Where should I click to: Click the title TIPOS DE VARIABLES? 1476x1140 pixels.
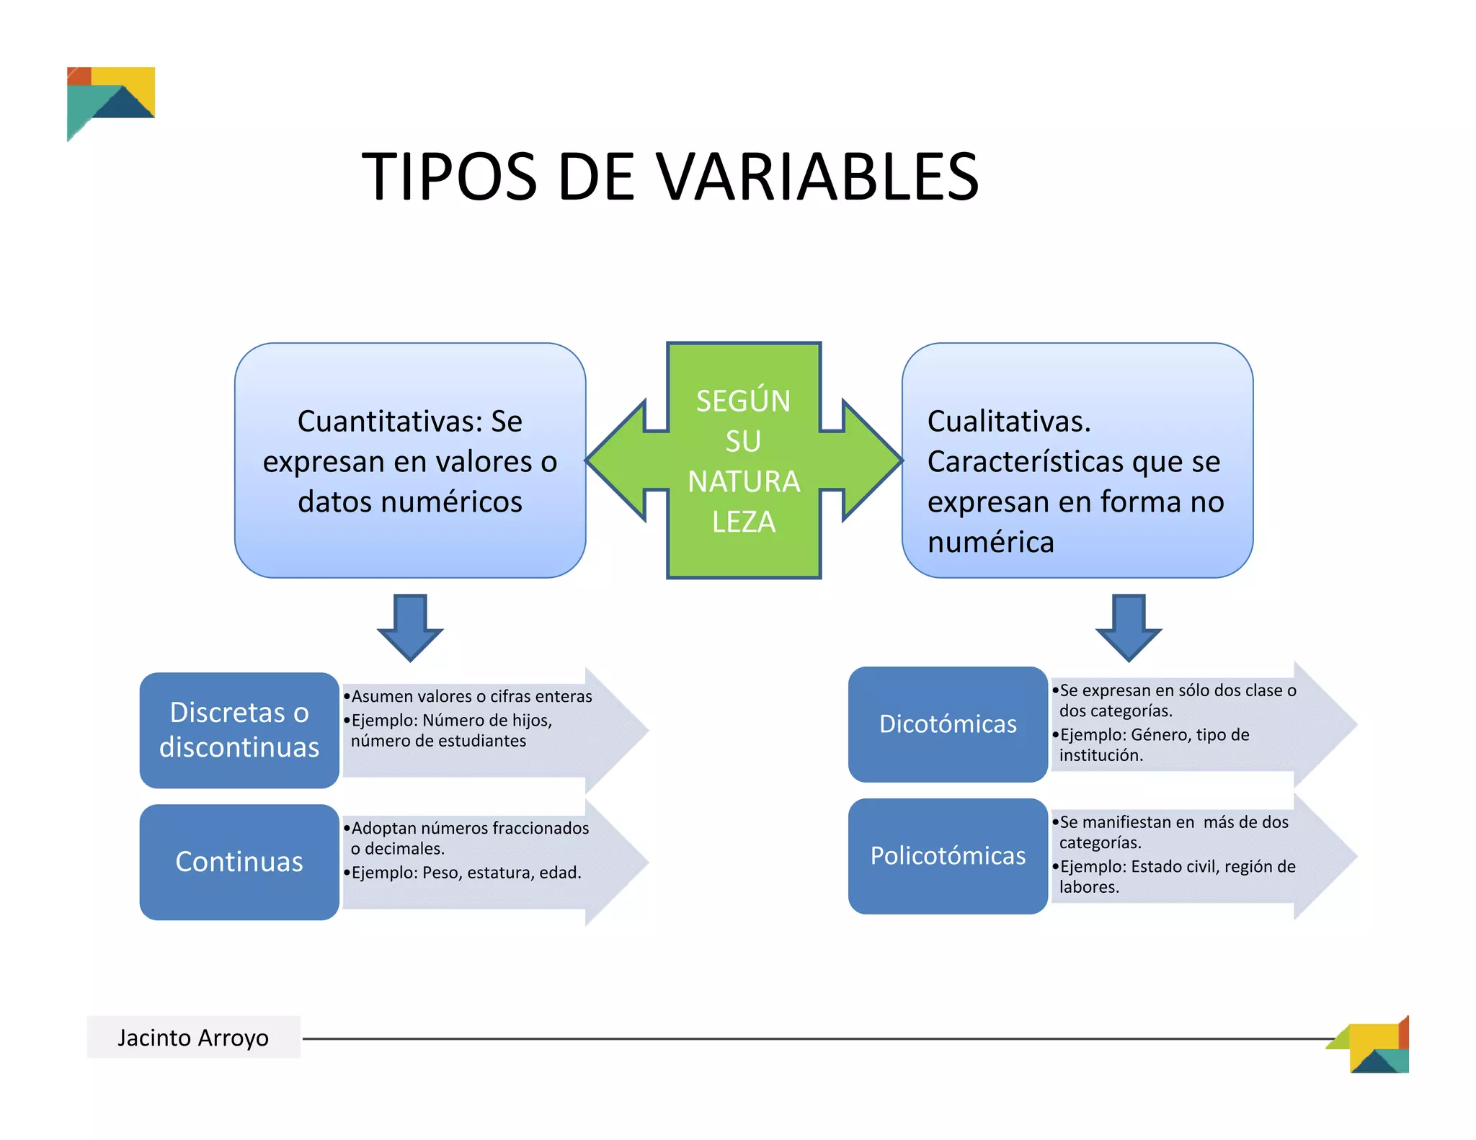click(670, 177)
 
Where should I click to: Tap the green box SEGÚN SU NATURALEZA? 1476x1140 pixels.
click(744, 460)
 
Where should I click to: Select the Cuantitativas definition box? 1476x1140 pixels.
click(409, 460)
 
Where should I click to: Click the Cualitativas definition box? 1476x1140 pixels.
click(1077, 460)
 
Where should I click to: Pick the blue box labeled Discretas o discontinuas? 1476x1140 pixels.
click(239, 729)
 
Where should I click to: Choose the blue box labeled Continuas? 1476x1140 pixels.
click(239, 861)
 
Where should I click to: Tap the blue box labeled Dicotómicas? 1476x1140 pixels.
click(948, 723)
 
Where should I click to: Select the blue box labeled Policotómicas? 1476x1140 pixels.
click(948, 855)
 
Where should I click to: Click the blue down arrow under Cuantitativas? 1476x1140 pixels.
click(410, 626)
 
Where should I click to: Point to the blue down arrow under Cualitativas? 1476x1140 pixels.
click(1129, 626)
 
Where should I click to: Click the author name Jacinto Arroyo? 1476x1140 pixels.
click(193, 1037)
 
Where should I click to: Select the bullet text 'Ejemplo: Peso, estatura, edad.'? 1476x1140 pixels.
click(466, 873)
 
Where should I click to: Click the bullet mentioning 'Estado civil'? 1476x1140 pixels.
click(1177, 876)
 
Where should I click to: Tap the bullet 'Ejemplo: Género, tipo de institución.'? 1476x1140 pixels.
click(1154, 744)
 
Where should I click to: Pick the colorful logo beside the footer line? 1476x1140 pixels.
click(1373, 1046)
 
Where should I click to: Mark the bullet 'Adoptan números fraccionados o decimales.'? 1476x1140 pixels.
click(469, 837)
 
